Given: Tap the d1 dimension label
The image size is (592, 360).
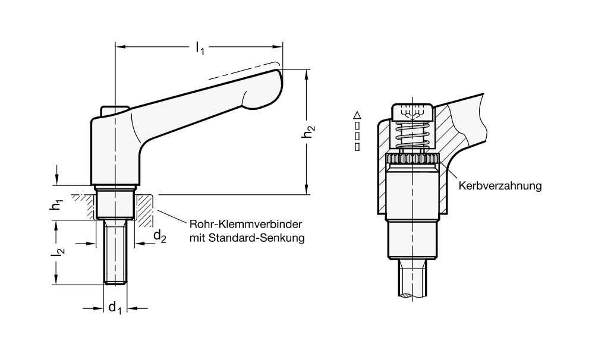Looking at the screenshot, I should click(x=115, y=308).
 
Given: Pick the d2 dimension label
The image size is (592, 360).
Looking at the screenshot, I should click(x=160, y=237).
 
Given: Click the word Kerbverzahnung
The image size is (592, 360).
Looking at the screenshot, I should click(x=500, y=186).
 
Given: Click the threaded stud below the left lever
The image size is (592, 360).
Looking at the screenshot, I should click(x=115, y=252).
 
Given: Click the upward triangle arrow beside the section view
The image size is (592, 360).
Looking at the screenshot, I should click(x=357, y=115).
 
